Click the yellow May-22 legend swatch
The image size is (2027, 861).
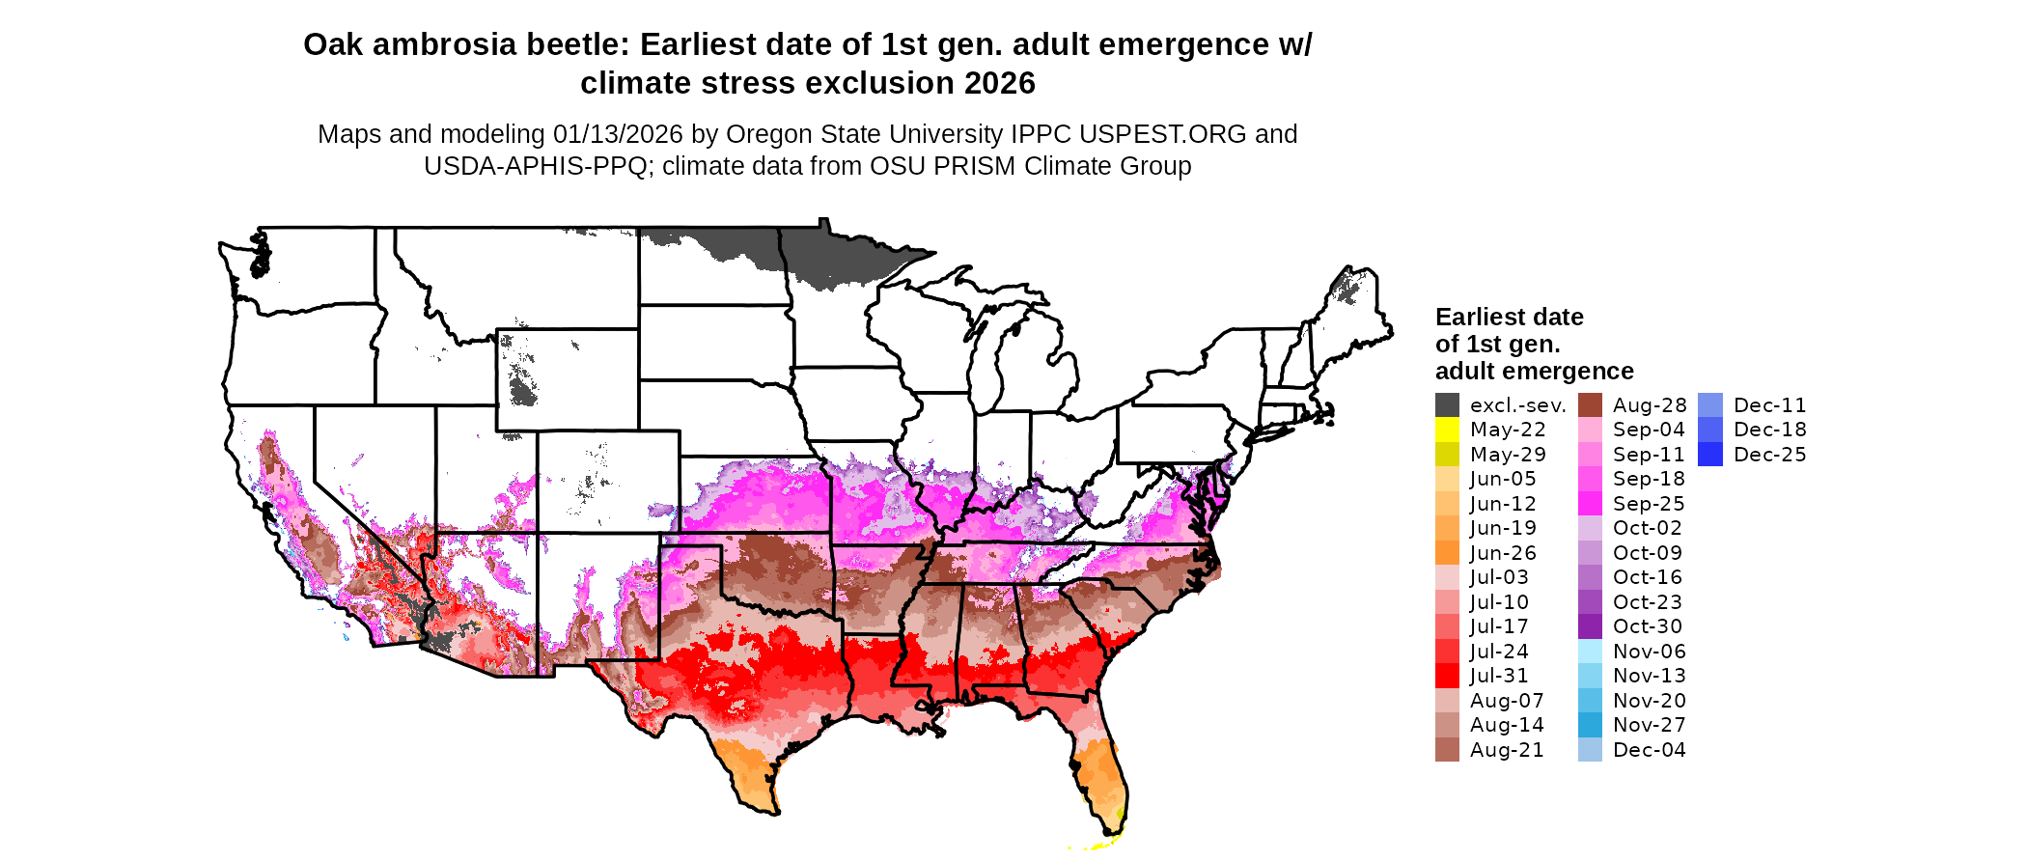point(1447,430)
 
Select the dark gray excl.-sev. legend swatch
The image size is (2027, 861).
point(1447,405)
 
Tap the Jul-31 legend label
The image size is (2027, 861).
point(1499,676)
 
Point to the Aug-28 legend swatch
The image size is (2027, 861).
point(1590,405)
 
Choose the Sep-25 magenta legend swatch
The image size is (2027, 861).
point(1590,504)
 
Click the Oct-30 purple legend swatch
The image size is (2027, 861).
point(1590,626)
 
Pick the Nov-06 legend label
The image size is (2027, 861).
point(1649,652)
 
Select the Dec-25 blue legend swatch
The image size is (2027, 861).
point(1710,455)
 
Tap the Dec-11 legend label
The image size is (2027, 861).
point(1769,405)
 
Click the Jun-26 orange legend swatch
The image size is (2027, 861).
point(1447,553)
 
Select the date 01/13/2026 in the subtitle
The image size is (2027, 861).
point(618,134)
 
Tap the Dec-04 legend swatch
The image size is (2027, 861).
point(1590,750)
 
